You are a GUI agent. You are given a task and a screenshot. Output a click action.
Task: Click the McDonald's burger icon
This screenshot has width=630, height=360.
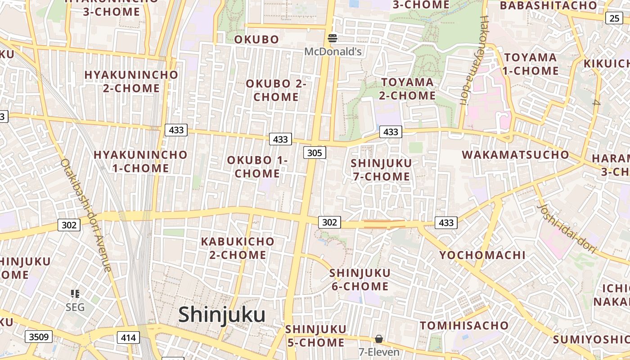point(333,38)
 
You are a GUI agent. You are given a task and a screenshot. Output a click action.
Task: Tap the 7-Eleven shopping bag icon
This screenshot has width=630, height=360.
point(379,338)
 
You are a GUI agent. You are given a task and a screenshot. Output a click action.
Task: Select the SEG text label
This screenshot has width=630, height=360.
point(75,307)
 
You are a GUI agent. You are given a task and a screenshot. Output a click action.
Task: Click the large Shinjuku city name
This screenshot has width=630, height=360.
point(221,315)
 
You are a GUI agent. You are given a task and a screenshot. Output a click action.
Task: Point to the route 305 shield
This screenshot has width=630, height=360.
point(315,153)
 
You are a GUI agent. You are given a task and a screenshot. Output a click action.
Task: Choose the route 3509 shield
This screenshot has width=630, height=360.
point(38,337)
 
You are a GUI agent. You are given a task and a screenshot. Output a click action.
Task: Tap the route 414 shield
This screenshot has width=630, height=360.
point(128,337)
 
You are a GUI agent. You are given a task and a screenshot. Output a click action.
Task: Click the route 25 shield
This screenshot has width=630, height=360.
point(614,18)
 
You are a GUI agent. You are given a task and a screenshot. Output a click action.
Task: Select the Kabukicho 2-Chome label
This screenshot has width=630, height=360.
point(238,248)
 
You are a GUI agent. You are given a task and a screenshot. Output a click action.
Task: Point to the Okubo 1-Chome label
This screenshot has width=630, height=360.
point(257,166)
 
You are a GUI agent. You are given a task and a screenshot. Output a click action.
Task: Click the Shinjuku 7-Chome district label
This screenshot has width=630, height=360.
point(381,170)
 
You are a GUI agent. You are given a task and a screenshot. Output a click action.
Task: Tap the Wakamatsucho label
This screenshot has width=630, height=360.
point(515,155)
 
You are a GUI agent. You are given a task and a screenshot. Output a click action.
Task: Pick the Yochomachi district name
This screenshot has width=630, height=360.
point(482,255)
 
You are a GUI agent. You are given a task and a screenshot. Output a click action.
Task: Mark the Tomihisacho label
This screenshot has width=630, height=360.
point(464,325)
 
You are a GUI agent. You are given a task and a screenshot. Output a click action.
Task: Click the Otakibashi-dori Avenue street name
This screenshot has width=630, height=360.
point(86,216)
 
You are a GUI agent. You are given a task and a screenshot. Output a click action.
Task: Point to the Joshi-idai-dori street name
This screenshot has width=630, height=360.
point(567,229)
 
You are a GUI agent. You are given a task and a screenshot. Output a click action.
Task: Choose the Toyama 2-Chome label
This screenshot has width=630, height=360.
point(408,89)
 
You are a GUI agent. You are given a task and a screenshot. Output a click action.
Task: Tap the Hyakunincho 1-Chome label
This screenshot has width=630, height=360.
point(140,162)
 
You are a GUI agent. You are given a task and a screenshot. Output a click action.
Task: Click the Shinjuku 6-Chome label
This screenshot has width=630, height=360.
point(360,279)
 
